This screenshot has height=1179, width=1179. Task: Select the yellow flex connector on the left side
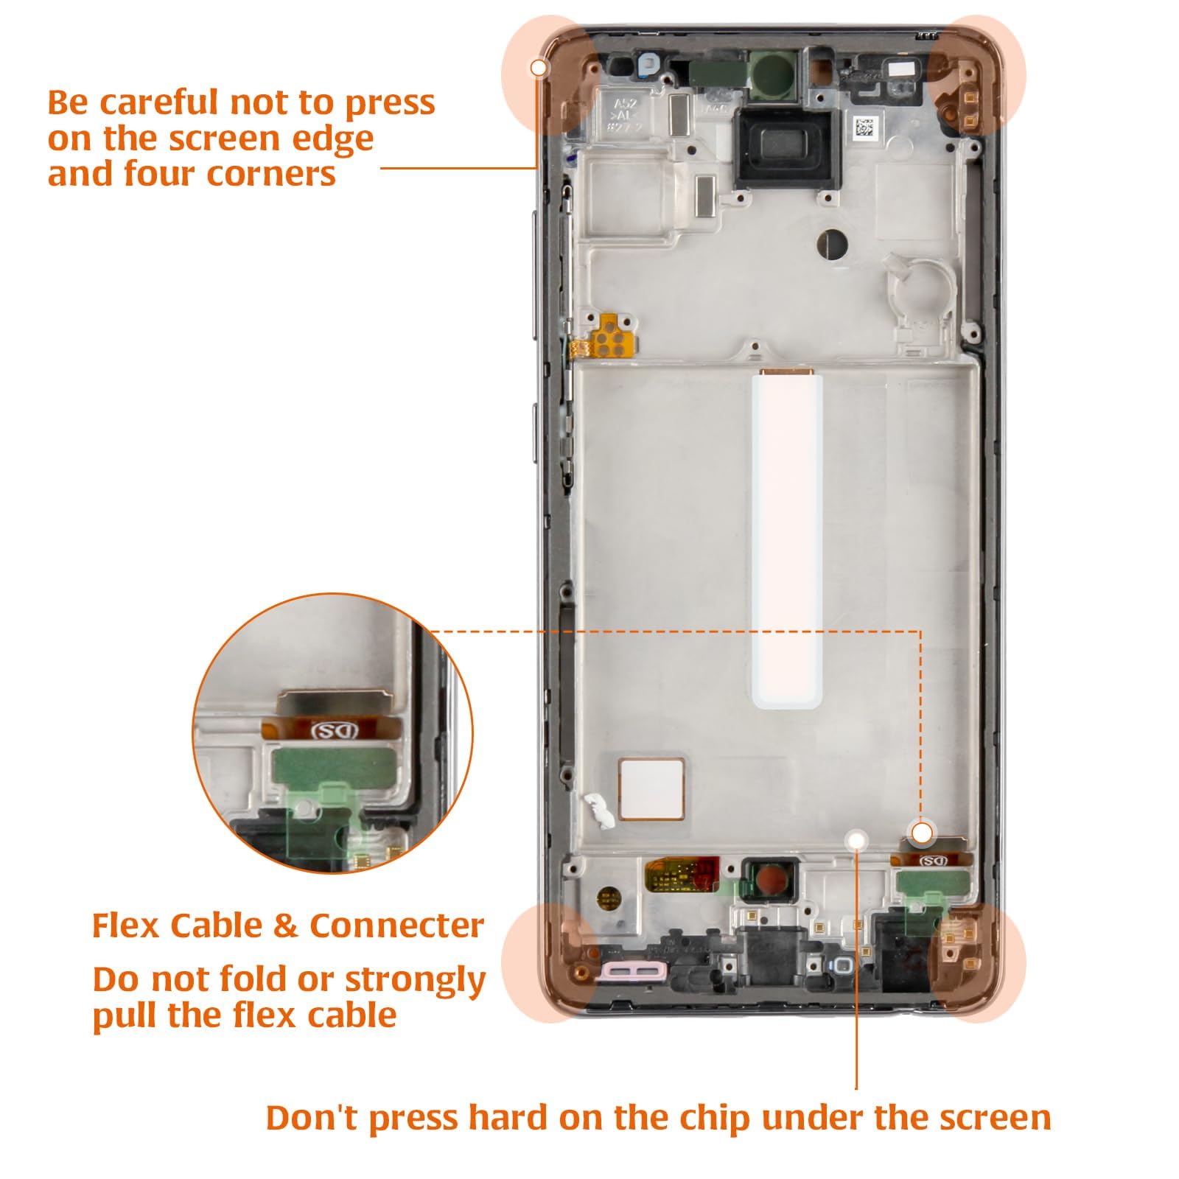(609, 336)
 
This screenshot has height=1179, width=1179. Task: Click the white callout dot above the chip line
(856, 839)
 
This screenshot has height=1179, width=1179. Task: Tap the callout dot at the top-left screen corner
(539, 69)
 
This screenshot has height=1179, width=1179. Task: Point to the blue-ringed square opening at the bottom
(842, 966)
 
